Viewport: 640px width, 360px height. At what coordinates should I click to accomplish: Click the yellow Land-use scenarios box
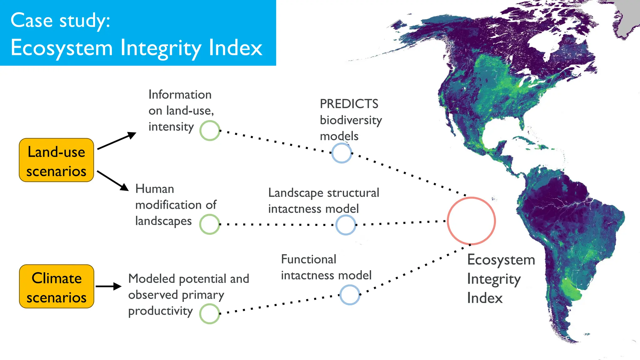point(57,160)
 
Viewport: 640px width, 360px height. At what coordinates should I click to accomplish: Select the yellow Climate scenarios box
point(57,286)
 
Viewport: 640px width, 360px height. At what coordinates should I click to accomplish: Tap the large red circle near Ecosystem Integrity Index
point(471,221)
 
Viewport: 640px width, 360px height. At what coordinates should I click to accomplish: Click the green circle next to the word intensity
point(210,131)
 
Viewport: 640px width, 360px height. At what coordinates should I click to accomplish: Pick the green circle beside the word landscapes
point(209,224)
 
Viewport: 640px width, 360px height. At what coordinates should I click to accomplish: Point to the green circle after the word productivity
point(209,314)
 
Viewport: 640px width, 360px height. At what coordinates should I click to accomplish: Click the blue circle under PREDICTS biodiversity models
point(342,153)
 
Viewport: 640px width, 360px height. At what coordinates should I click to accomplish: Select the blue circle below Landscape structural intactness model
point(346,225)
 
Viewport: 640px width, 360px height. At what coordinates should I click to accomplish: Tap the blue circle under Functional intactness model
point(350,295)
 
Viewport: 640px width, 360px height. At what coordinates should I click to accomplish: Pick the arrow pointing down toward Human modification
point(113,181)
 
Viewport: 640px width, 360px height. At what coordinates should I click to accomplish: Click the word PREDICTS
point(349,104)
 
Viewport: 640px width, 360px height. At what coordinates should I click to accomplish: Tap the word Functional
point(308,259)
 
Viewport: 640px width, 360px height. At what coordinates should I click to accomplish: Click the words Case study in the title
point(60,21)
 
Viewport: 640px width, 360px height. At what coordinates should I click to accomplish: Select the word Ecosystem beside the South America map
point(501,260)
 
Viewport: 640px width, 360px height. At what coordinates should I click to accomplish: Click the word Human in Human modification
point(155,189)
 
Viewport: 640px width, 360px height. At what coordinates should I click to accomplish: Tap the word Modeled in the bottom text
point(152,278)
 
